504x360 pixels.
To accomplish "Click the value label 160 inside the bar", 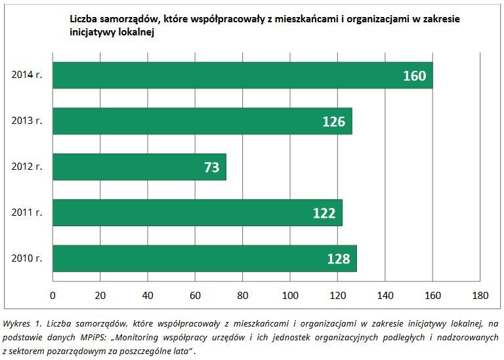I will click(x=414, y=76).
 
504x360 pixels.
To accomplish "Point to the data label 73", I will click(x=211, y=168).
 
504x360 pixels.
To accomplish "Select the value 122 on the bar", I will click(x=324, y=213).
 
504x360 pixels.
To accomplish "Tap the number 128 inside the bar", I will click(x=339, y=259).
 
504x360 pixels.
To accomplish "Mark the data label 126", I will click(x=334, y=122).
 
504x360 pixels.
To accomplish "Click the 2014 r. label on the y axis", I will click(x=27, y=75).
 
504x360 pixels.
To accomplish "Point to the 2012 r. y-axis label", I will click(x=27, y=167).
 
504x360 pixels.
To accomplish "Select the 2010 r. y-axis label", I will click(x=27, y=258).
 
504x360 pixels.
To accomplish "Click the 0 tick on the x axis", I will click(x=52, y=295).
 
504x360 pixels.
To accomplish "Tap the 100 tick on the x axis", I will click(x=290, y=295).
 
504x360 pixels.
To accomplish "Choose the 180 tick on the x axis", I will click(x=480, y=295).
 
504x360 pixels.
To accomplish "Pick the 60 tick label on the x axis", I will click(x=195, y=295).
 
